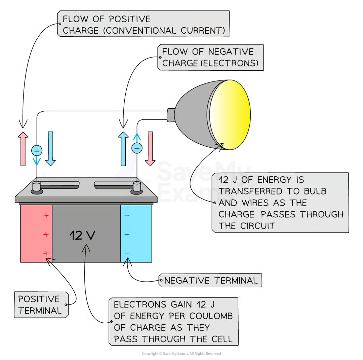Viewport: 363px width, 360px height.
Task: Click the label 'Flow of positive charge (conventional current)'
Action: [144, 24]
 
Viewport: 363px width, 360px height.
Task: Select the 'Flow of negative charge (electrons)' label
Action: [210, 58]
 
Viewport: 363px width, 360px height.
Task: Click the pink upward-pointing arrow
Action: [23, 149]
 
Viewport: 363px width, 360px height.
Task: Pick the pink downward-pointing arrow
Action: [150, 149]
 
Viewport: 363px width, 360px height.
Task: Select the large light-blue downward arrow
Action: [50, 149]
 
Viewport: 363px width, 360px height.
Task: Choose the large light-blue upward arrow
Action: [123, 149]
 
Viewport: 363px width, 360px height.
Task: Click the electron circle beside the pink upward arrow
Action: [37, 150]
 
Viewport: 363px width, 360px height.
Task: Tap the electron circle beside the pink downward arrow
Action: [137, 148]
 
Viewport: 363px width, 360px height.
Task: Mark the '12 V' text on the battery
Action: [82, 235]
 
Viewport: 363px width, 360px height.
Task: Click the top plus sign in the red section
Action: [46, 216]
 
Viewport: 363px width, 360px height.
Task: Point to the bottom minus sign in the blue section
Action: [127, 253]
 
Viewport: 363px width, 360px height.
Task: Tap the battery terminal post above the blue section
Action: [136, 187]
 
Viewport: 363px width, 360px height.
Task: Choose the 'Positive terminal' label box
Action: [41, 305]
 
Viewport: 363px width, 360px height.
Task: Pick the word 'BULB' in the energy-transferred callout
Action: [315, 191]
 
